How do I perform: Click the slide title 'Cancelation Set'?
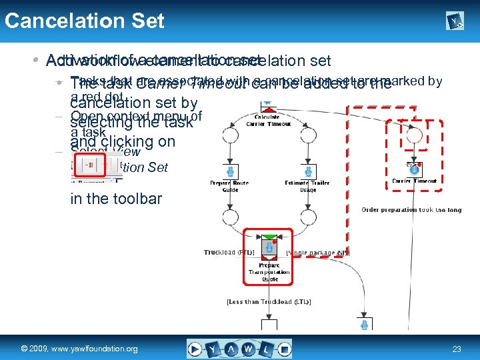[x=84, y=21]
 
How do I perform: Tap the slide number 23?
[x=457, y=349]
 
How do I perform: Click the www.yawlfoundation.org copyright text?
[x=79, y=349]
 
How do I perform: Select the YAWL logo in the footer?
[x=239, y=349]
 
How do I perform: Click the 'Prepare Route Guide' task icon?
[x=230, y=171]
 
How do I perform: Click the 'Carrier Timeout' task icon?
[x=414, y=169]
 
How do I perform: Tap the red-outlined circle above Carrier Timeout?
[x=414, y=135]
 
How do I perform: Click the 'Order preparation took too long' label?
[x=411, y=209]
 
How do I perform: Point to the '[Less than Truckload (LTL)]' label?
[x=269, y=302]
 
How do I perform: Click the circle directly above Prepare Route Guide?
[x=230, y=135]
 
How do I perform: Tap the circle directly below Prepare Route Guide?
[x=230, y=218]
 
